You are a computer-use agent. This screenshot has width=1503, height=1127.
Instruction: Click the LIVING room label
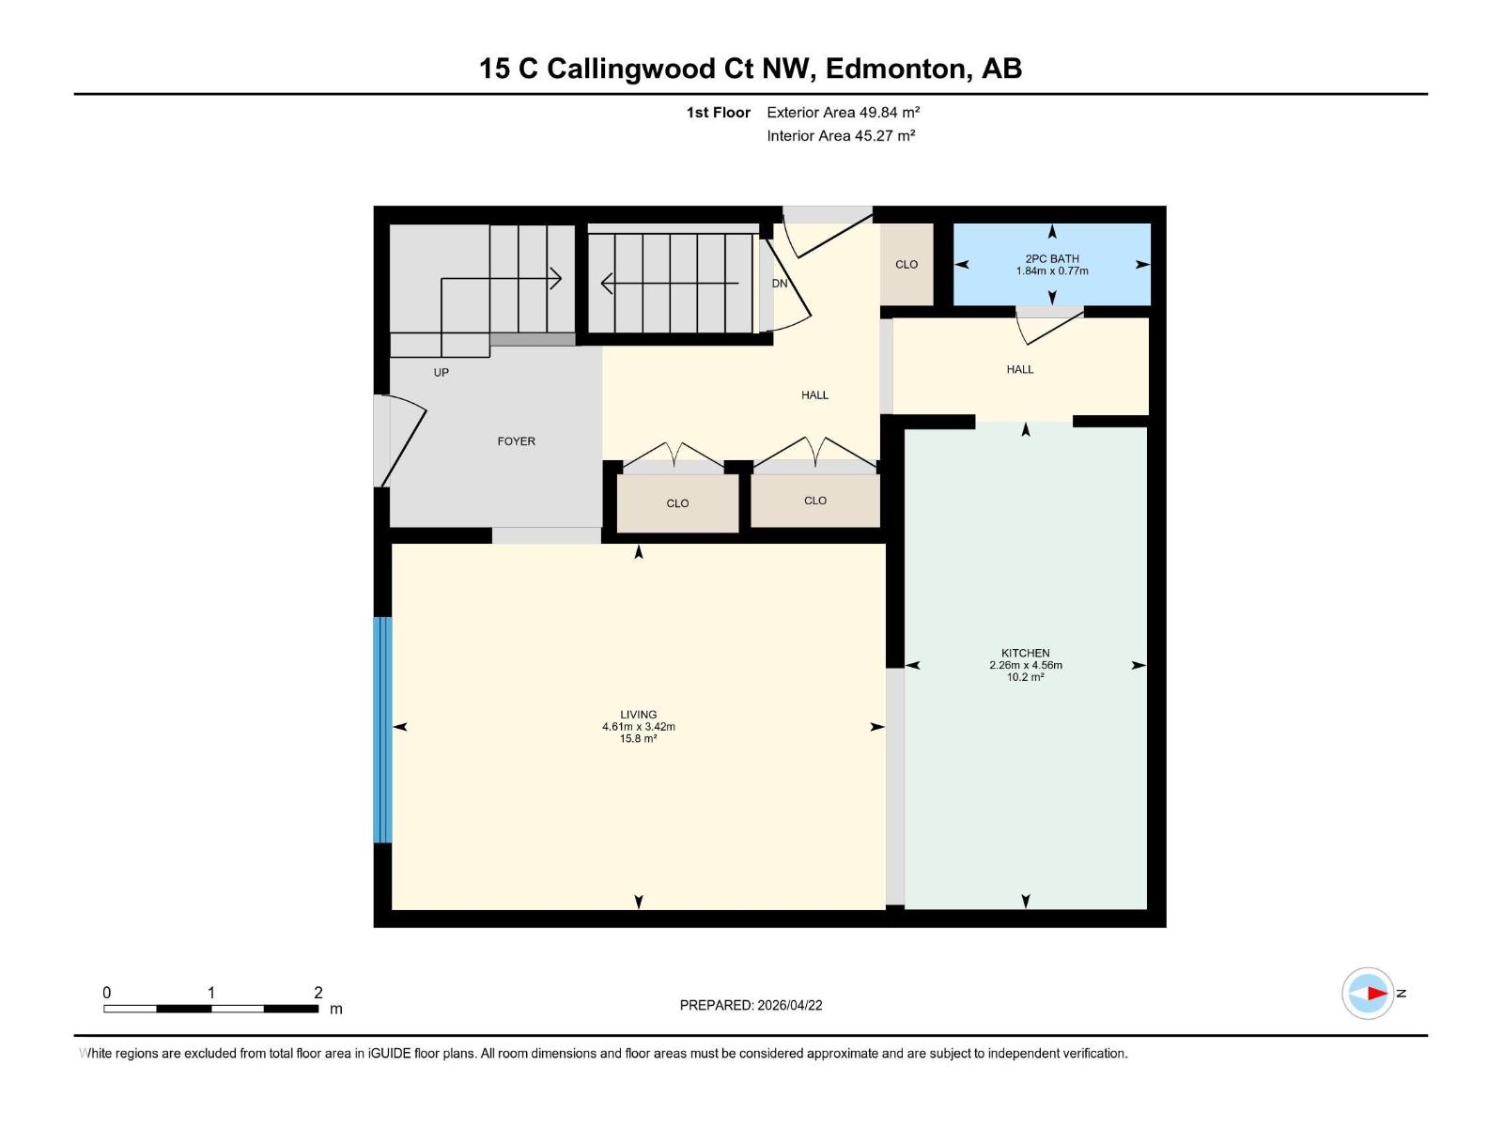pyautogui.click(x=638, y=715)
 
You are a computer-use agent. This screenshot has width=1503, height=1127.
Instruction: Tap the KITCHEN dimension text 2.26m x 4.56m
pyautogui.click(x=1025, y=665)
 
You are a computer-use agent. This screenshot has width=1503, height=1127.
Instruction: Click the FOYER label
pyautogui.click(x=516, y=441)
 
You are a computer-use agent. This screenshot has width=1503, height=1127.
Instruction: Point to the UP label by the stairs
pyautogui.click(x=441, y=373)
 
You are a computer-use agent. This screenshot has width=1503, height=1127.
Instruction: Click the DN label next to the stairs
pyautogui.click(x=780, y=284)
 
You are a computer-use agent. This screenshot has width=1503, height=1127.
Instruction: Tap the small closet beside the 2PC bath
pyautogui.click(x=906, y=265)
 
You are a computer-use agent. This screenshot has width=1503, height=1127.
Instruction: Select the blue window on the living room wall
pyautogui.click(x=382, y=730)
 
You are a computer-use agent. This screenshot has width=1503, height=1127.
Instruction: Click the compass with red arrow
pyautogui.click(x=1368, y=993)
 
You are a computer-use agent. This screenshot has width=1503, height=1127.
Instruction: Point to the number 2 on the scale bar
pyautogui.click(x=318, y=993)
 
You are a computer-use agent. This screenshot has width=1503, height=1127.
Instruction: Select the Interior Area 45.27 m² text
pyautogui.click(x=841, y=136)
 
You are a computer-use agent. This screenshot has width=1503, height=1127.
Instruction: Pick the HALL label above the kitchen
pyautogui.click(x=1019, y=370)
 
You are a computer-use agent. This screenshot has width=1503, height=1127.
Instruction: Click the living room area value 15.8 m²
pyautogui.click(x=638, y=739)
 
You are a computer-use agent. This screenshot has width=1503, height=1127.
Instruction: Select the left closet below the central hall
pyautogui.click(x=677, y=503)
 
